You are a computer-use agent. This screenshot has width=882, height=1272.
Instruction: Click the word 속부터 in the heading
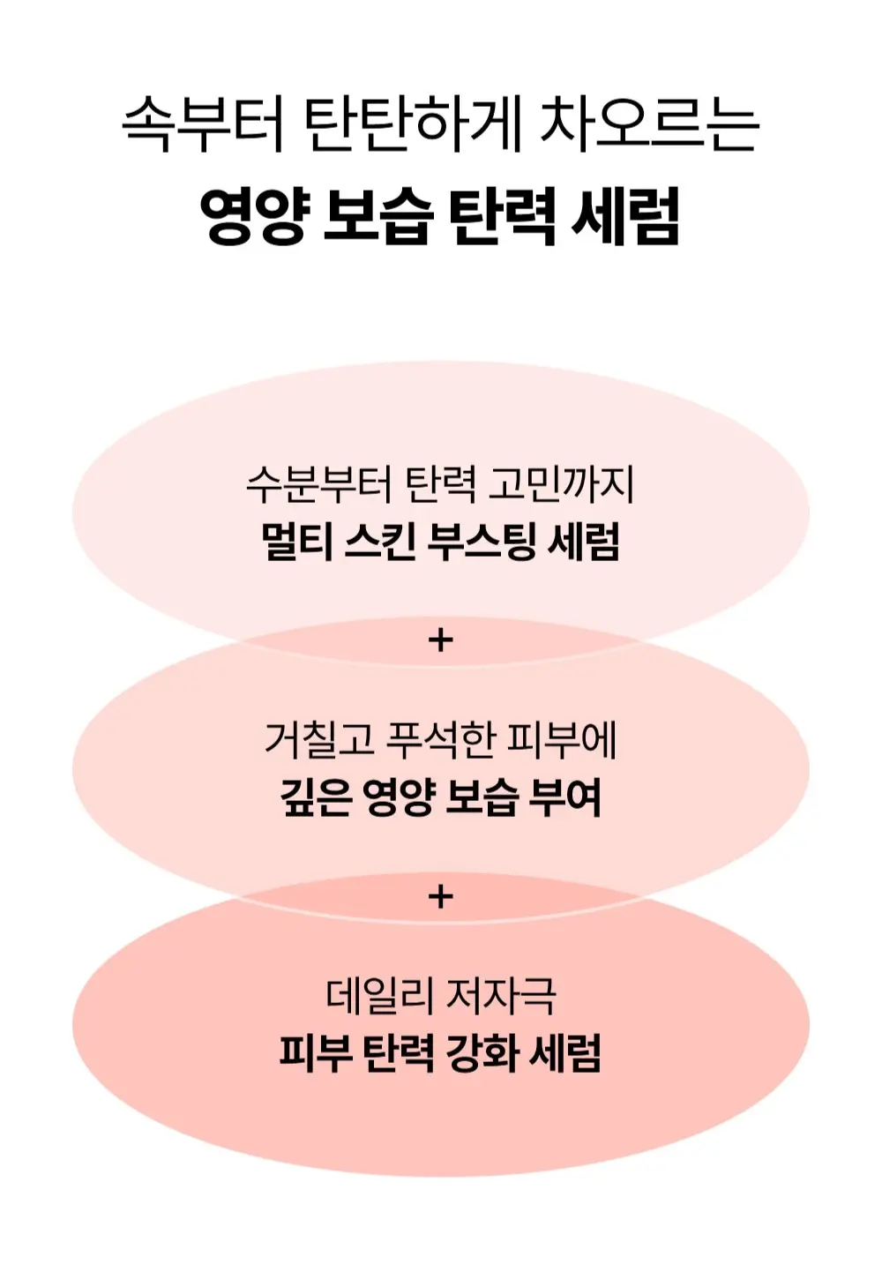pyautogui.click(x=202, y=123)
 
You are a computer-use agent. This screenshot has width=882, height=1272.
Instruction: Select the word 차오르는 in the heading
pyautogui.click(x=648, y=123)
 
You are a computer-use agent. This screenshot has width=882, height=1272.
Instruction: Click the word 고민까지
pyautogui.click(x=563, y=484)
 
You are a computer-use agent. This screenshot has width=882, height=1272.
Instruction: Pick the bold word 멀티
pyautogui.click(x=295, y=542)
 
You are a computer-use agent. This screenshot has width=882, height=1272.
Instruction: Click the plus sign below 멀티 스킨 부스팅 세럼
pyautogui.click(x=440, y=640)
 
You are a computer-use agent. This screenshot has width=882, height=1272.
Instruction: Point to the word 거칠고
pyautogui.click(x=319, y=740)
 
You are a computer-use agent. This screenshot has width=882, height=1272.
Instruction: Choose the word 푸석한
pyautogui.click(x=442, y=740)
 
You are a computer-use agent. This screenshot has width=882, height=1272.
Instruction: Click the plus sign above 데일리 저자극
pyautogui.click(x=440, y=896)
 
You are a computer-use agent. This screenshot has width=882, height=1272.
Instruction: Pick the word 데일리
pyautogui.click(x=379, y=996)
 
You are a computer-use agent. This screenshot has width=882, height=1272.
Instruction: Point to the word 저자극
pyautogui.click(x=501, y=996)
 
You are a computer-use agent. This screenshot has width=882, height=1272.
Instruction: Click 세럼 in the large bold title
pyautogui.click(x=626, y=216)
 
